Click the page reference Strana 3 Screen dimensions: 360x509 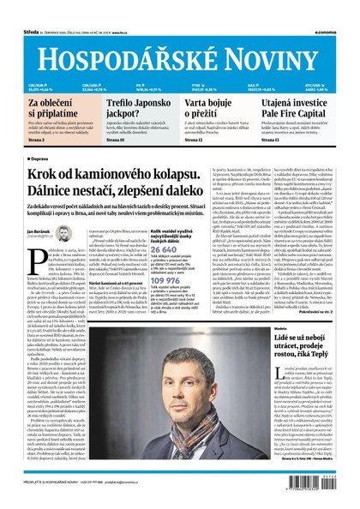point(35,139)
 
